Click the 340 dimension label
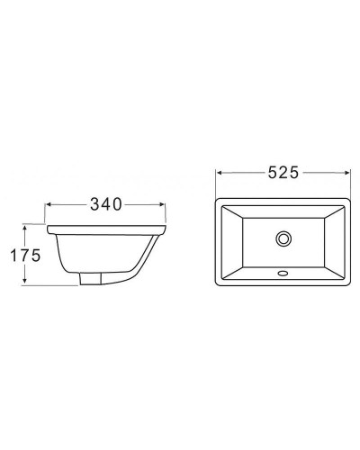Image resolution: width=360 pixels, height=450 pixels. (x=106, y=206)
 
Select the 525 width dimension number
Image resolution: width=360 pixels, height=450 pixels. (x=281, y=173)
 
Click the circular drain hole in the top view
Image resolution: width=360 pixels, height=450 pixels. (x=284, y=238)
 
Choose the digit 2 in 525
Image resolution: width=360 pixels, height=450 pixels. (x=281, y=173)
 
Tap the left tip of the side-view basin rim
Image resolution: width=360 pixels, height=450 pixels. (x=47, y=225)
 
